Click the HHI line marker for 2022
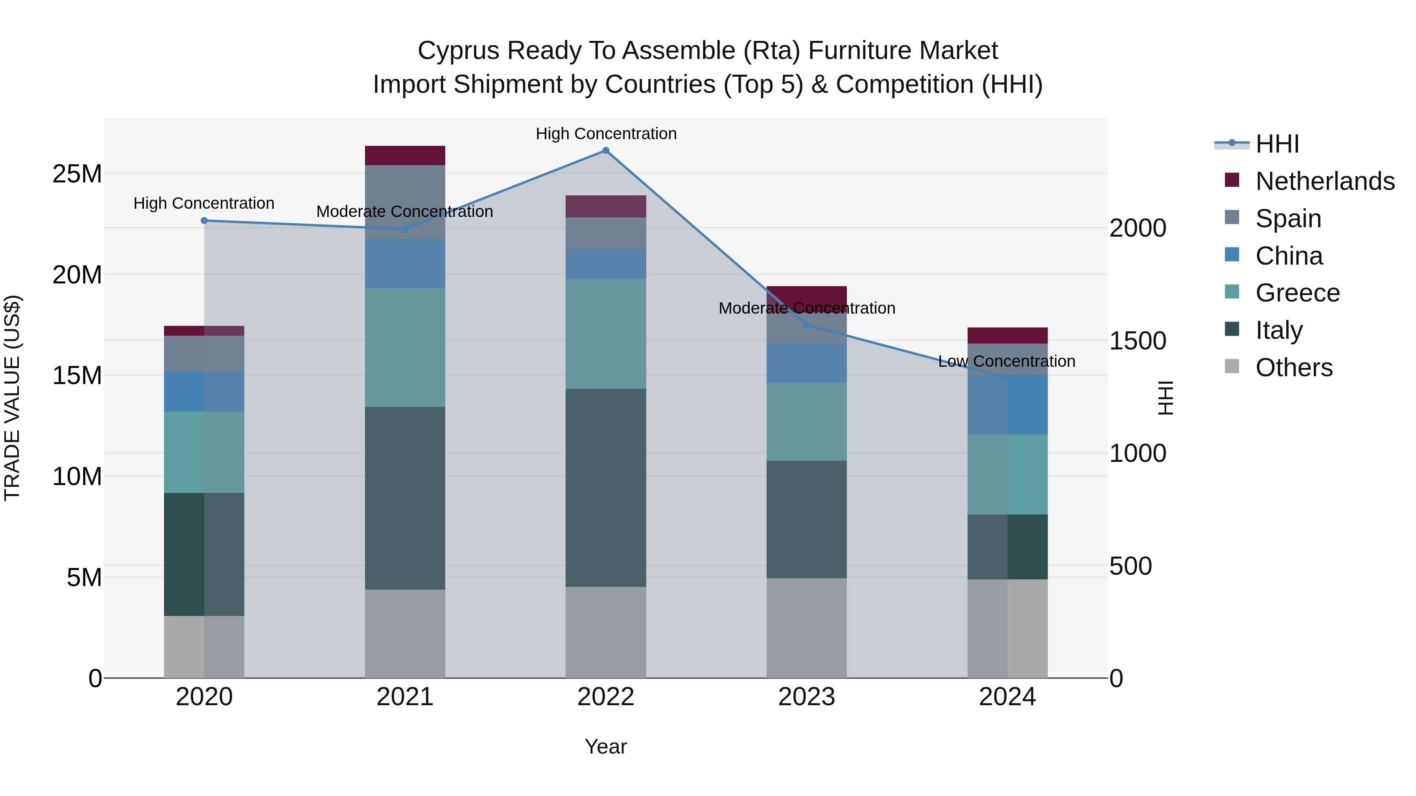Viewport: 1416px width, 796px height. point(605,150)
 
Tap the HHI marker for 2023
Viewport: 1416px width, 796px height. point(806,325)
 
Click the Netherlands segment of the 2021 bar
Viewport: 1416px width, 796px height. point(405,155)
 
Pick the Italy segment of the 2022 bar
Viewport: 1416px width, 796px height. point(605,487)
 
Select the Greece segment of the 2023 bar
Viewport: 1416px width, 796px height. point(806,421)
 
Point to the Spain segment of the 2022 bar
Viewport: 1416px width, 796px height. point(605,233)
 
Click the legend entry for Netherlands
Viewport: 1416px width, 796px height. point(1325,181)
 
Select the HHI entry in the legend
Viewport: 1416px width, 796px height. point(1277,144)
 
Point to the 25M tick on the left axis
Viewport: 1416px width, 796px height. point(77,174)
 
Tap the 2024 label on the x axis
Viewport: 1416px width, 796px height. point(1007,697)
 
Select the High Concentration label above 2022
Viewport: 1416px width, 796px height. point(606,134)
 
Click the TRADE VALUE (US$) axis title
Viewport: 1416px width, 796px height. point(12,398)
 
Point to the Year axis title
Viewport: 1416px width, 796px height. point(605,746)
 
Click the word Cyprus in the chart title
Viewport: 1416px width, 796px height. point(459,51)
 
